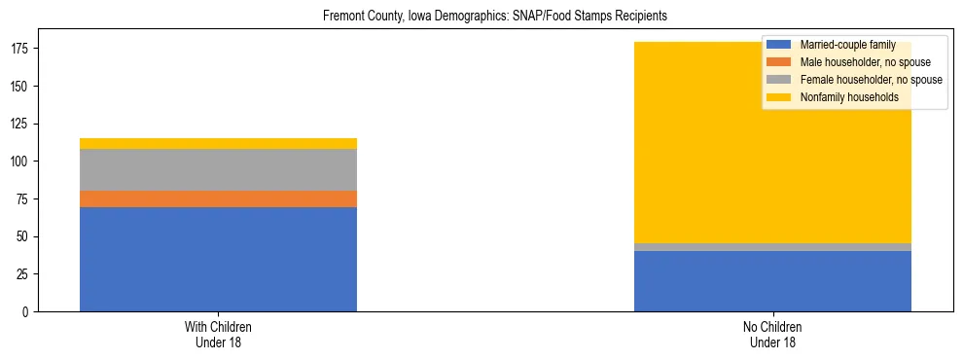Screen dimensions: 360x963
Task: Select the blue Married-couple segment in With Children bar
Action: click(218, 259)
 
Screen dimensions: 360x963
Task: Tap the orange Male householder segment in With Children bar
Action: click(218, 198)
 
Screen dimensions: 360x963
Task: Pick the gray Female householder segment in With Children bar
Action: click(218, 169)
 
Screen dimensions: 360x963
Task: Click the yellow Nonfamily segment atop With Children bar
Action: click(218, 143)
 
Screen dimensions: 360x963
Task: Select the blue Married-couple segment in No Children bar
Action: click(772, 281)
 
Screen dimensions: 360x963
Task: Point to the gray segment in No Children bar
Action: click(772, 247)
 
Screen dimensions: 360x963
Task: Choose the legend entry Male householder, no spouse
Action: click(856, 62)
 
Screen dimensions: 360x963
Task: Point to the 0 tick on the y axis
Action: click(28, 312)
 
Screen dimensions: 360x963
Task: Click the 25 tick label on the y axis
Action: click(25, 274)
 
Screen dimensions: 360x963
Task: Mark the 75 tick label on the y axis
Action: click(25, 199)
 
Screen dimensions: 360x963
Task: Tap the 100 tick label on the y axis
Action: click(22, 162)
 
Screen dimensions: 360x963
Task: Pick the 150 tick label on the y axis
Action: click(22, 87)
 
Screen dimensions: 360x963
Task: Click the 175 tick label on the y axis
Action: click(22, 49)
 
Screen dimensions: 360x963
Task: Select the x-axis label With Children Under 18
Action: click(218, 335)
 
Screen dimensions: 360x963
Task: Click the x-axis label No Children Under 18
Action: click(772, 335)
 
